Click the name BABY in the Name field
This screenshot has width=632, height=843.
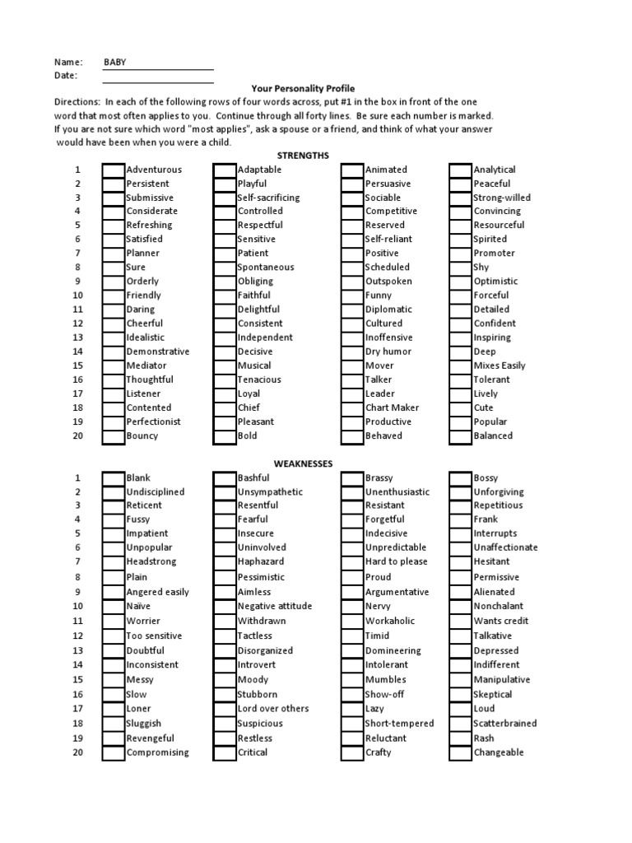click(115, 62)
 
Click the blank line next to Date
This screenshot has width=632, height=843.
click(158, 76)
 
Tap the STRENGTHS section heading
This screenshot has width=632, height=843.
click(303, 155)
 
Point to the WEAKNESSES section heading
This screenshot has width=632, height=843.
click(303, 463)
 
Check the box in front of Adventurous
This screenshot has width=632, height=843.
click(114, 170)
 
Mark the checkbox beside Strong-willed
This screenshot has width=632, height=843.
click(461, 198)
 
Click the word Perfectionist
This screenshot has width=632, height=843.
click(153, 421)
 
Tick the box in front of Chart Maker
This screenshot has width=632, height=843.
click(352, 408)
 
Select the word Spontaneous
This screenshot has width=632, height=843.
click(266, 268)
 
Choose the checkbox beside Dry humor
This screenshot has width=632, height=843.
click(352, 352)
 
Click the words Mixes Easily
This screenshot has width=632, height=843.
click(500, 366)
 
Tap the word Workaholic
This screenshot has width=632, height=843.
click(390, 621)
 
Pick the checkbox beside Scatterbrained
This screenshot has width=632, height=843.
click(461, 724)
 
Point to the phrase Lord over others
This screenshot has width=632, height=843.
click(273, 709)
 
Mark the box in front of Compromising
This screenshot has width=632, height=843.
click(114, 752)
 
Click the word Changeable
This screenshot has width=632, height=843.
click(499, 752)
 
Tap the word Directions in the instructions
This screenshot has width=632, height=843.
click(77, 102)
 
